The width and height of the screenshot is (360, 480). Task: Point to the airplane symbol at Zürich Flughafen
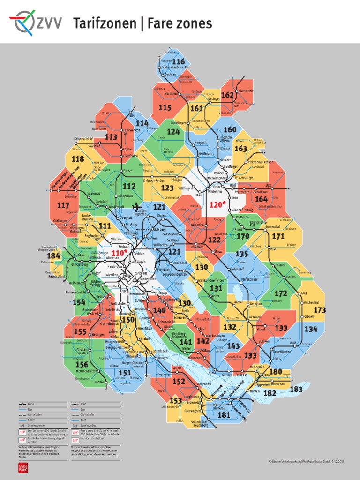pos(137,207)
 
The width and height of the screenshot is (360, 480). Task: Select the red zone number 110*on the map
pos(119,253)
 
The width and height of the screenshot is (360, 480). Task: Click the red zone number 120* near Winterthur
pos(217,204)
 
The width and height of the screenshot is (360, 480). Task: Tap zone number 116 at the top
pos(179,62)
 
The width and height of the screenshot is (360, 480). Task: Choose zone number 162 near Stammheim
pos(227,95)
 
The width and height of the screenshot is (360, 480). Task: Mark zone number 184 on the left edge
pos(54,255)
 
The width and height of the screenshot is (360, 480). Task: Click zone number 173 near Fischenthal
pos(320,310)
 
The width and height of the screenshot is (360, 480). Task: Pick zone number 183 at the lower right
pos(296,389)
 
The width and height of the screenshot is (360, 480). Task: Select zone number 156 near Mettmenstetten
pos(82,364)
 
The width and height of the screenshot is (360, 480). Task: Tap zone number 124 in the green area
pos(173,132)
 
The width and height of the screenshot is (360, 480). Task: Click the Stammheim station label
pos(246,91)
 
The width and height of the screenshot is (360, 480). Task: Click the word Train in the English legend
pos(83,403)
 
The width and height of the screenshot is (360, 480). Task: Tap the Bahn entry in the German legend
pos(31,403)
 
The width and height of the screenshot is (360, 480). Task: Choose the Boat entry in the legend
pos(83,420)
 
